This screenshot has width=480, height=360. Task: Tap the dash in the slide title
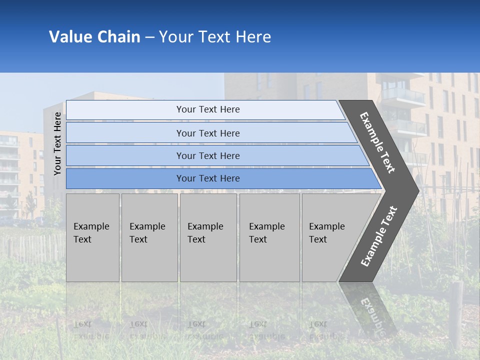pos(149,37)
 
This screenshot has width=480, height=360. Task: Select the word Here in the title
pos(253,37)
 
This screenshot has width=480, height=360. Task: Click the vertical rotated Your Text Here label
pos(57,143)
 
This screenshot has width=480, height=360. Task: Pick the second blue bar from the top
pos(208,133)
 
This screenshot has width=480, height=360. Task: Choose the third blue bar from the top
pos(208,156)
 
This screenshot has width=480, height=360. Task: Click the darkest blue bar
pos(208,178)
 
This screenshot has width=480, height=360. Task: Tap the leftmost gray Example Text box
pos(92,237)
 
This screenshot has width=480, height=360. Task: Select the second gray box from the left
pos(149,237)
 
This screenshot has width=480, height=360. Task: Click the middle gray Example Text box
pos(208,237)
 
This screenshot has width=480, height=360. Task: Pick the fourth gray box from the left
pos(269,237)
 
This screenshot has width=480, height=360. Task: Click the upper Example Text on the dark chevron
pos(377,142)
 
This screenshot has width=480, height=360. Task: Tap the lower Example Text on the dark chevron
pos(379,236)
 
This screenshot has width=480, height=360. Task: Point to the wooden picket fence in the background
pos(30,247)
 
